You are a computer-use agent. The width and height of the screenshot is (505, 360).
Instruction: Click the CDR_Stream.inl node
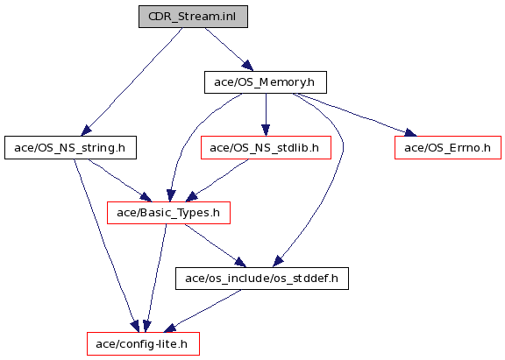coord(193,17)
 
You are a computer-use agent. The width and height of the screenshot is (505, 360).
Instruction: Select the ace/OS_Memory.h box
coord(266,82)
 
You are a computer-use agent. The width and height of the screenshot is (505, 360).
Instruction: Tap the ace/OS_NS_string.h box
coord(70,148)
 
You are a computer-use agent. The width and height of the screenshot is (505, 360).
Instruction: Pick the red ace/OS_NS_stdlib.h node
coord(266,148)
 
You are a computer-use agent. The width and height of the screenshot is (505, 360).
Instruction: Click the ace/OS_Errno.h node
coord(448,148)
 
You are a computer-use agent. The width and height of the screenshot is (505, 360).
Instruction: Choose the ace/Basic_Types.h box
coord(168,213)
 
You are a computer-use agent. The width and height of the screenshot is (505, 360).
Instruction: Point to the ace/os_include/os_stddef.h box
coord(262,279)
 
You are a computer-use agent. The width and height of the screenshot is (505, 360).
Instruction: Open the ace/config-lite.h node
coord(143,344)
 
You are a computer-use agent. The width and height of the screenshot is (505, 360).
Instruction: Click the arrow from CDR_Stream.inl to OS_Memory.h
coord(229,49)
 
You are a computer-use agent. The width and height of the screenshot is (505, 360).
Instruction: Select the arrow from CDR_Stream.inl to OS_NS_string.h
coord(132,81)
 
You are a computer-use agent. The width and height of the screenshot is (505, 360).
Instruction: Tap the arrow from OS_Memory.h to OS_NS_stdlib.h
coord(266,115)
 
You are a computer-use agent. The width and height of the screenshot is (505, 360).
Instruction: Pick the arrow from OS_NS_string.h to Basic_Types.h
coord(119,180)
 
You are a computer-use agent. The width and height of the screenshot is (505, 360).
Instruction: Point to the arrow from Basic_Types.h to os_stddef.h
coord(215,245)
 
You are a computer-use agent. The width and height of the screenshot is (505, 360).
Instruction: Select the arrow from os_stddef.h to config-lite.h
coord(203,311)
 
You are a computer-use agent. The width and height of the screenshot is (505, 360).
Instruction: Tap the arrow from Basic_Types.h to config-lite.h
coord(156,279)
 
